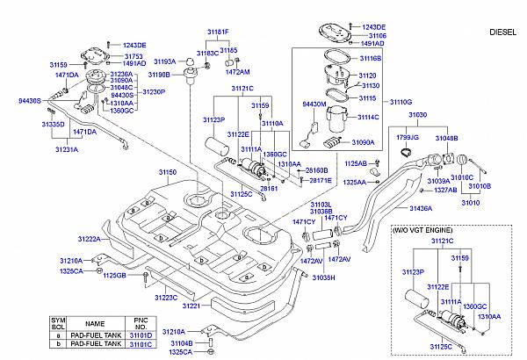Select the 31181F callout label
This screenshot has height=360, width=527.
pyautogui.click(x=217, y=32)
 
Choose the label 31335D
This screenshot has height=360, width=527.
pyautogui.click(x=54, y=125)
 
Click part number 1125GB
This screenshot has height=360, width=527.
pyautogui.click(x=115, y=276)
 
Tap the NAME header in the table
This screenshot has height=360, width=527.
pyautogui.click(x=94, y=323)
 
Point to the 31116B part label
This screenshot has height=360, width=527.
pyautogui.click(x=369, y=58)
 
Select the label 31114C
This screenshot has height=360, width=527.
pyautogui.click(x=367, y=117)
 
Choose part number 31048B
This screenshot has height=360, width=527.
pyautogui.click(x=446, y=139)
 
